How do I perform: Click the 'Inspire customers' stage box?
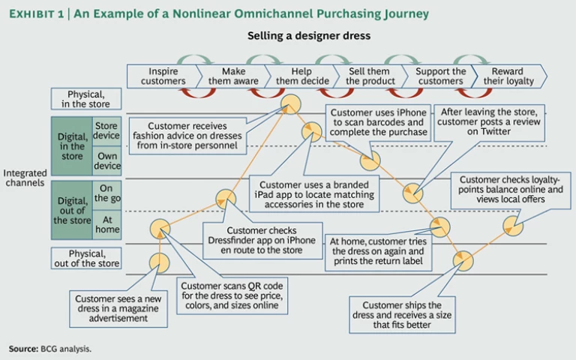point(163,76)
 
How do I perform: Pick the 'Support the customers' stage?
point(440,76)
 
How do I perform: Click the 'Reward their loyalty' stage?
point(511,76)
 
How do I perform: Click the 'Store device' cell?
point(106,130)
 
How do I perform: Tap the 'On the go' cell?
point(106,193)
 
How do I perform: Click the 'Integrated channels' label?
point(25,178)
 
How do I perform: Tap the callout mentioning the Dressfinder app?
point(262,240)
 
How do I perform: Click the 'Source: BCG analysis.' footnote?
point(49,349)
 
